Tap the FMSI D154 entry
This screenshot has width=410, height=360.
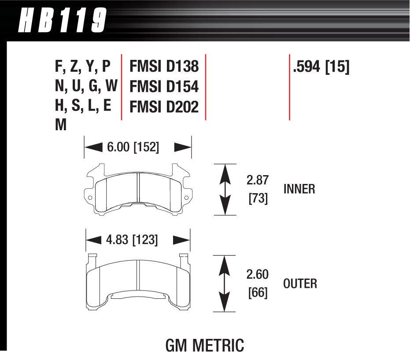tap(164, 86)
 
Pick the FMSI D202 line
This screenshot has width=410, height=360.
tap(164, 107)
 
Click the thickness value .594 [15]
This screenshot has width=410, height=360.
tap(321, 67)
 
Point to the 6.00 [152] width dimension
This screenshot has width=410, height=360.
tap(133, 147)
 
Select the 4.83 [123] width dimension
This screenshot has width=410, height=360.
tap(132, 240)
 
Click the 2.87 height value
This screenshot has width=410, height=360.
tap(258, 180)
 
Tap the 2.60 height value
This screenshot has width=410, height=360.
tap(258, 274)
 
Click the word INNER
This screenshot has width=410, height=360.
tap(299, 189)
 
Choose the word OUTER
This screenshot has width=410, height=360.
tap(300, 283)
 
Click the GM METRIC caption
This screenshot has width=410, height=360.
tap(204, 345)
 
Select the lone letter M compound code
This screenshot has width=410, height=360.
tap(61, 125)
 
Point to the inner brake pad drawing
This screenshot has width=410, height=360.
tap(138, 191)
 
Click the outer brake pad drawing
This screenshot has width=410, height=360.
tap(138, 282)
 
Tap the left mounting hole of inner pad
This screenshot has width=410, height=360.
tap(90, 198)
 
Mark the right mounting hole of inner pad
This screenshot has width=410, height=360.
tap(186, 198)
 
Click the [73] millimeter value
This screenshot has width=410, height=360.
tap(258, 198)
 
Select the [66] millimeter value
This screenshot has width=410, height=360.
tap(258, 292)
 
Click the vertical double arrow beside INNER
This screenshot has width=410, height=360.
tap(225, 190)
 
